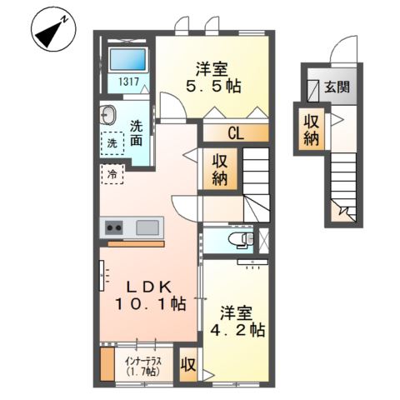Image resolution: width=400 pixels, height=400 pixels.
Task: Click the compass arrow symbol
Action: click(50, 32)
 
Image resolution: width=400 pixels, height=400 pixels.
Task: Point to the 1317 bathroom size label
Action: click(127, 82)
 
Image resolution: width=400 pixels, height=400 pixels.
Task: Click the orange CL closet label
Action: click(235, 132)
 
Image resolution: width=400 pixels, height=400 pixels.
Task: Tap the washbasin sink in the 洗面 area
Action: click(108, 115)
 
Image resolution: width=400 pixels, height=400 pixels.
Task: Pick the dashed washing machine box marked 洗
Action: click(112, 143)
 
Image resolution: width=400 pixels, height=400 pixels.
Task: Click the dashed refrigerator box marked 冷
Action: click(112, 174)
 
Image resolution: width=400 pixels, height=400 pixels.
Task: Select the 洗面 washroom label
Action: click(136, 134)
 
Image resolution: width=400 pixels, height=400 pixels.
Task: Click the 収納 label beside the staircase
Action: click(220, 170)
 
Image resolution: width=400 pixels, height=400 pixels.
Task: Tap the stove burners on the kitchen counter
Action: click(112, 227)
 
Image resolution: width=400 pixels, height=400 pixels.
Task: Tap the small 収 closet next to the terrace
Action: click(189, 364)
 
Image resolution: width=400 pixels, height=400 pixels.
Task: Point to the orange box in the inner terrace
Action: click(107, 365)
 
